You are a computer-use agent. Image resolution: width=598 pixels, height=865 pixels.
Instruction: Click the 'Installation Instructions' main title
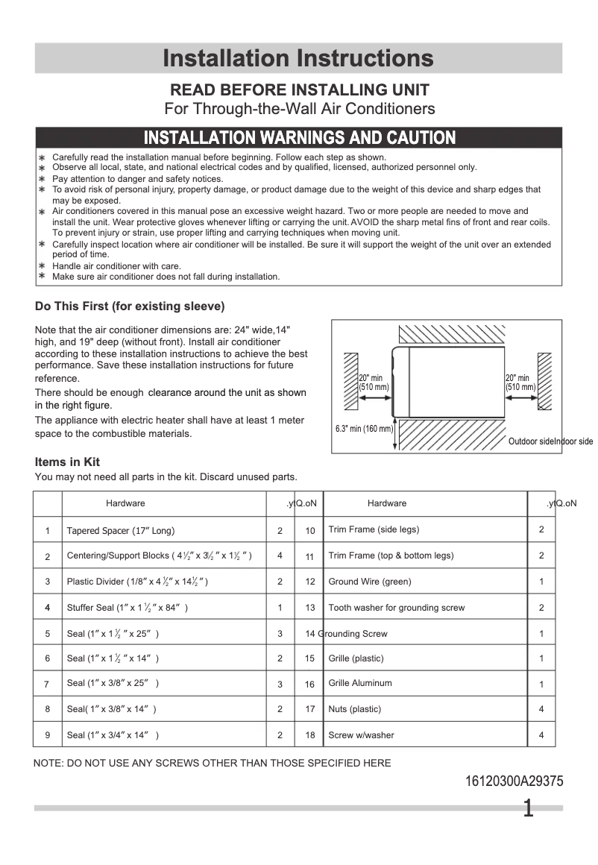[x=298, y=58]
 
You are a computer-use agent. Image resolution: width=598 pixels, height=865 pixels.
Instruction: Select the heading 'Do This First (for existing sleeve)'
[x=130, y=306]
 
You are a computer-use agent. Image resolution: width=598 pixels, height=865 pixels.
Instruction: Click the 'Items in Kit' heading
[x=67, y=462]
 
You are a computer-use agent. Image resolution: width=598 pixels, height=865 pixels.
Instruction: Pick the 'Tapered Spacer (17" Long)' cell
[x=120, y=531]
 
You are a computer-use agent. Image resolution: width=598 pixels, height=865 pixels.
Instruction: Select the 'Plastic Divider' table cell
[x=137, y=582]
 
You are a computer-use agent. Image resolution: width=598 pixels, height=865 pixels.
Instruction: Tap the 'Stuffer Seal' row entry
[x=127, y=608]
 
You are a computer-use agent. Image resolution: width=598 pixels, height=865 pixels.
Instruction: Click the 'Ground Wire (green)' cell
[x=369, y=582]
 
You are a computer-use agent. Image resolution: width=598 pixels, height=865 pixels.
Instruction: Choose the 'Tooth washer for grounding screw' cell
[x=396, y=608]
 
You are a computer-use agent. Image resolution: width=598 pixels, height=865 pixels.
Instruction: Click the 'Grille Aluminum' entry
[x=359, y=683]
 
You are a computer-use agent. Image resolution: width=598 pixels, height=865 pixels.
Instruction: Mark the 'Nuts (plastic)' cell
[x=354, y=709]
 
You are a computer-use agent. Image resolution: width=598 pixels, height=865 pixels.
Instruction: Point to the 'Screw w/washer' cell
[x=361, y=735]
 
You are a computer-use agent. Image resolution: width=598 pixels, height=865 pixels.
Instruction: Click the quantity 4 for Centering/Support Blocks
[x=280, y=556]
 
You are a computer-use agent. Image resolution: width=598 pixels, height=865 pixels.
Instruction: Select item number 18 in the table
[x=310, y=735]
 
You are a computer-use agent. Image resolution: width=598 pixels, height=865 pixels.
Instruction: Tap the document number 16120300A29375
[x=514, y=781]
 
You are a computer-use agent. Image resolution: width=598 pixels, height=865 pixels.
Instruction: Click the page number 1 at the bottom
[x=528, y=809]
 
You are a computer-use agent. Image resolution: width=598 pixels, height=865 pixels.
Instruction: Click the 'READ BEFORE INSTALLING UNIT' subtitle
[x=300, y=90]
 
